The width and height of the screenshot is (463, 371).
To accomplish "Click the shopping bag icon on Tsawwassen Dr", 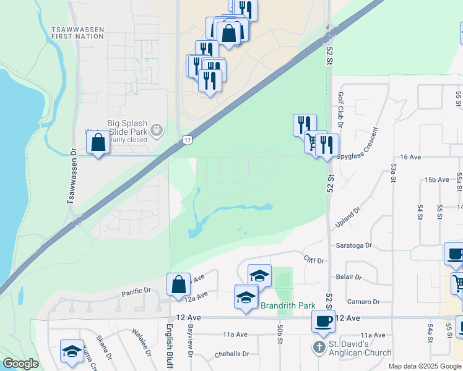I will tap(98, 143).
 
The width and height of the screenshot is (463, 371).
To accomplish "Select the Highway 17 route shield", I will tap(187, 141).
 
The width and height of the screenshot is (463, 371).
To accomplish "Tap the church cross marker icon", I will tap(319, 348).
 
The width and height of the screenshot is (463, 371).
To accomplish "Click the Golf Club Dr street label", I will tap(341, 109).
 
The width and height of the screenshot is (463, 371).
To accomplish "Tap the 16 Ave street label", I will tap(410, 158).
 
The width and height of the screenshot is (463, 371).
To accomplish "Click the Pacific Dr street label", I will tap(136, 291).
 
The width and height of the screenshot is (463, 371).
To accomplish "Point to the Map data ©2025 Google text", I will tap(425, 366).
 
